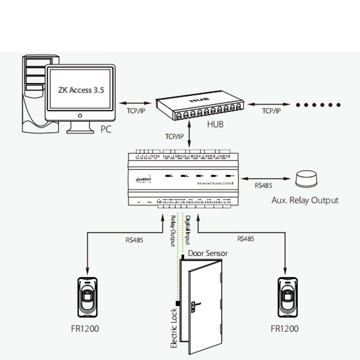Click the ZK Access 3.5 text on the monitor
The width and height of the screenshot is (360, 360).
(81, 90)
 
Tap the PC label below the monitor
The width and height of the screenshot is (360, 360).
(106, 129)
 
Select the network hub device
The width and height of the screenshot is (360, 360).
(201, 107)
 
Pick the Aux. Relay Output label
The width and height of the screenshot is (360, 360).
(305, 200)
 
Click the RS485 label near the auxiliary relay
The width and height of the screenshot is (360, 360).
(263, 185)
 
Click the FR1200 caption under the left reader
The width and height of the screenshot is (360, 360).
(85, 328)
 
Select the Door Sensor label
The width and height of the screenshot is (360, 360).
(207, 253)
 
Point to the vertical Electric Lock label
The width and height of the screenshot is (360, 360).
(175, 331)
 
